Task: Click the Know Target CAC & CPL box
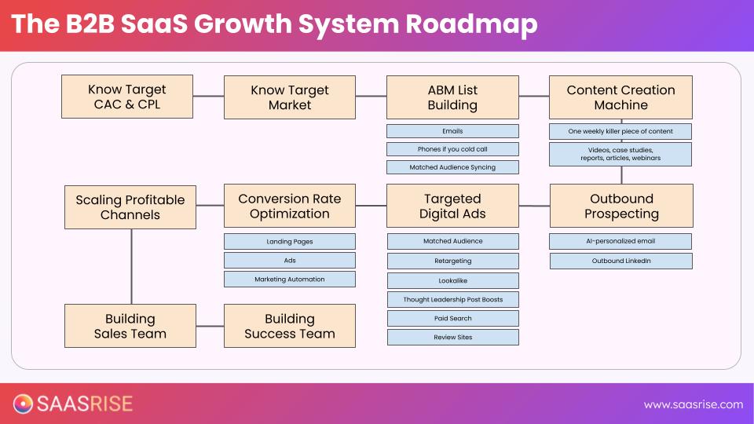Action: pyautogui.click(x=127, y=97)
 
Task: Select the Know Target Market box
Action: pyautogui.click(x=290, y=97)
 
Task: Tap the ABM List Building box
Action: pyautogui.click(x=452, y=97)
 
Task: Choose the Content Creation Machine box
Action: pyautogui.click(x=620, y=97)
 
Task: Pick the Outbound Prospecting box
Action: pyautogui.click(x=621, y=206)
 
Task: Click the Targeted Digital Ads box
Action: pyautogui.click(x=452, y=206)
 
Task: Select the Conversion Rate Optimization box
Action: pyautogui.click(x=290, y=206)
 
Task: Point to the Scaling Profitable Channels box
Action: pyautogui.click(x=130, y=207)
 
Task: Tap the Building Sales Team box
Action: pyautogui.click(x=130, y=326)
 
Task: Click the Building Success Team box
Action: pyautogui.click(x=290, y=326)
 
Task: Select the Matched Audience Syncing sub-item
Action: pyautogui.click(x=452, y=167)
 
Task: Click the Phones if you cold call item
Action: pyautogui.click(x=452, y=149)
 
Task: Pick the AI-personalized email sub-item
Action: pyautogui.click(x=620, y=241)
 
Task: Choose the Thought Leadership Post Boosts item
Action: pyautogui.click(x=452, y=299)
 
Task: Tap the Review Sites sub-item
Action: pyautogui.click(x=452, y=338)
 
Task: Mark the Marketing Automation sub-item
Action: pyautogui.click(x=290, y=280)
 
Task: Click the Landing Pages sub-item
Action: pyautogui.click(x=290, y=242)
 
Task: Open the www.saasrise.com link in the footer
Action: pyautogui.click(x=693, y=404)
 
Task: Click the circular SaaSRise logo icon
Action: pyautogui.click(x=24, y=404)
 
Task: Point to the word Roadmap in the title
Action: pyautogui.click(x=472, y=24)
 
